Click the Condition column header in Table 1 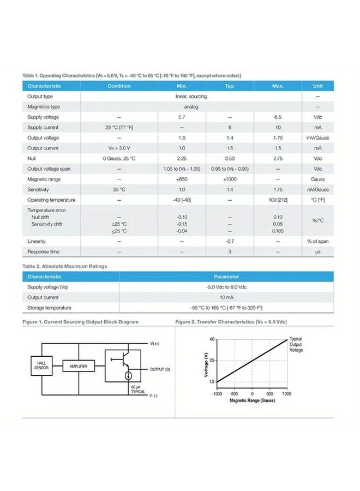pos(119,86)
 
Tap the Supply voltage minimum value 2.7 pos(182,117)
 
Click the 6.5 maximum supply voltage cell pos(278,117)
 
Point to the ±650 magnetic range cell pos(182,179)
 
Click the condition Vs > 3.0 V pos(119,148)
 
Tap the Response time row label pos(43,252)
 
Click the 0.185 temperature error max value pos(278,231)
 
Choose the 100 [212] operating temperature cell pos(278,200)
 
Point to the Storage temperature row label pos(48,308)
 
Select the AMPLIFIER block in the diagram pos(79,366)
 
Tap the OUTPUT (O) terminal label pos(160,369)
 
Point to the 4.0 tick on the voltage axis pos(212,339)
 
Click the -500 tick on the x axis pos(234,393)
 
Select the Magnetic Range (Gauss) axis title pos(253,400)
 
